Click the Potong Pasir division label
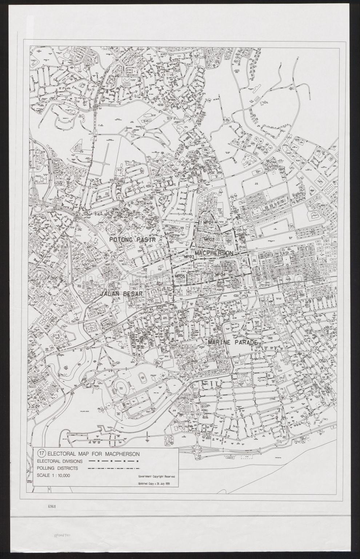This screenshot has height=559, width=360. click(132, 240)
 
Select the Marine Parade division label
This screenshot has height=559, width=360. click(233, 343)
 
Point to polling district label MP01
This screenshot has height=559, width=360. click(208, 222)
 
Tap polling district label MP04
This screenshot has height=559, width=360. click(221, 274)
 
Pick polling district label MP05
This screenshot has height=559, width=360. click(180, 276)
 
